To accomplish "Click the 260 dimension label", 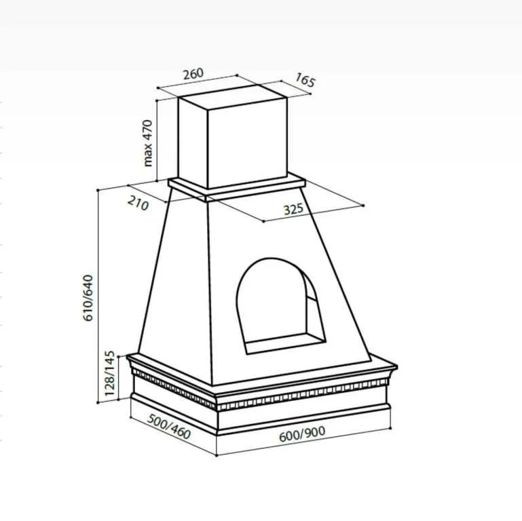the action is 193,73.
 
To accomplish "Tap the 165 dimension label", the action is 305,80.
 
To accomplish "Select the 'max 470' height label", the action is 147,143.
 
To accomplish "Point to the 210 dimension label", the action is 138,204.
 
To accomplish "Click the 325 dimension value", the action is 293,209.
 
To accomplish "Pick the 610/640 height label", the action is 88,298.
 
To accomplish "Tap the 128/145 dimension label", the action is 109,373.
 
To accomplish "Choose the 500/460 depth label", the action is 169,427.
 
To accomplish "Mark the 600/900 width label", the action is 302,434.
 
